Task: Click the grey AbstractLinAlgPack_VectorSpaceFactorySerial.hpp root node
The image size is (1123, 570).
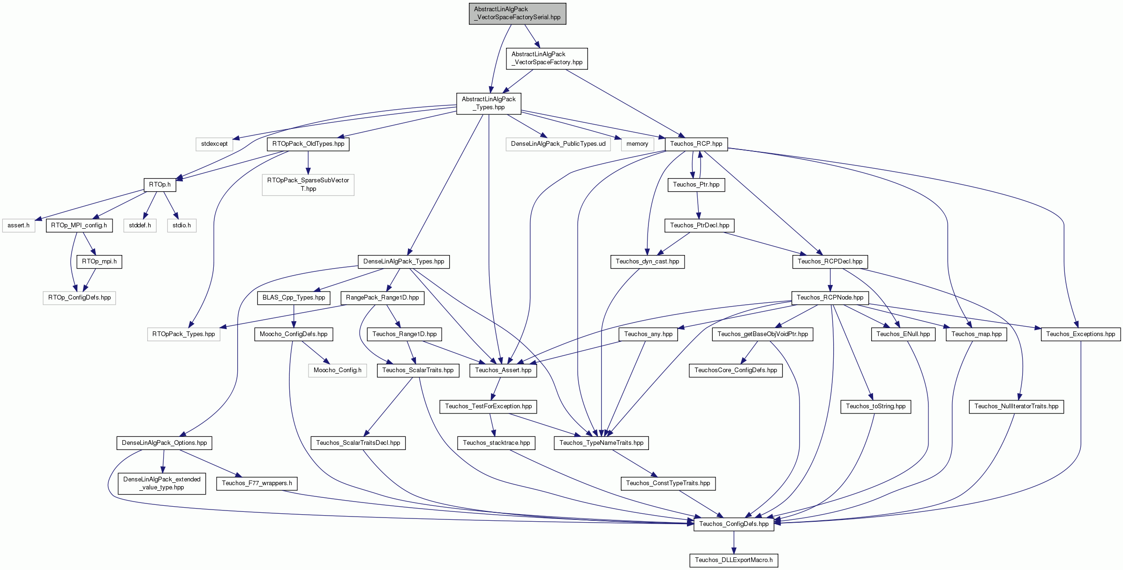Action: tap(517, 14)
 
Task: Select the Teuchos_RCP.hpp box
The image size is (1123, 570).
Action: tap(696, 144)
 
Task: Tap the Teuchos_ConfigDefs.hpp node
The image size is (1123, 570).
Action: tap(734, 524)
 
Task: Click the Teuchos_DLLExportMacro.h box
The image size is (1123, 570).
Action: tap(734, 560)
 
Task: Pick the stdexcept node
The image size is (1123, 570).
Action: tap(214, 144)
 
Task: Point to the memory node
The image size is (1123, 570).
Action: tap(637, 144)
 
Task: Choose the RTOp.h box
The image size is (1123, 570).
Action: tap(160, 185)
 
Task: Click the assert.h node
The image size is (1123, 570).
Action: tap(18, 225)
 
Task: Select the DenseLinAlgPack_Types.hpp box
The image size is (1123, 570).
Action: tap(404, 262)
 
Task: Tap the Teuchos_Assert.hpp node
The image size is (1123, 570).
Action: tap(503, 370)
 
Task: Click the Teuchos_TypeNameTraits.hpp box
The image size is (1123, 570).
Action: tap(601, 443)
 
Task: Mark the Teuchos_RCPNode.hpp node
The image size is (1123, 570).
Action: tap(830, 298)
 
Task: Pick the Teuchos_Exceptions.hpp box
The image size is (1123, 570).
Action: tap(1081, 334)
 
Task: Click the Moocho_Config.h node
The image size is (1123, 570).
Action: tap(337, 370)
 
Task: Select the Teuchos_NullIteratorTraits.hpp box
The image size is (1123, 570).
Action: tap(1017, 406)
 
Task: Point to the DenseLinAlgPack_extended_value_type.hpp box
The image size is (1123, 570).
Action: tap(162, 483)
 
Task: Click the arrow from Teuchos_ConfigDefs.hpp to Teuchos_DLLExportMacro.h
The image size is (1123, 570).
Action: tap(734, 542)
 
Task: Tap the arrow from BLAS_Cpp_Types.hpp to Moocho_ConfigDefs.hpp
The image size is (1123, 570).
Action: tap(294, 316)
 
